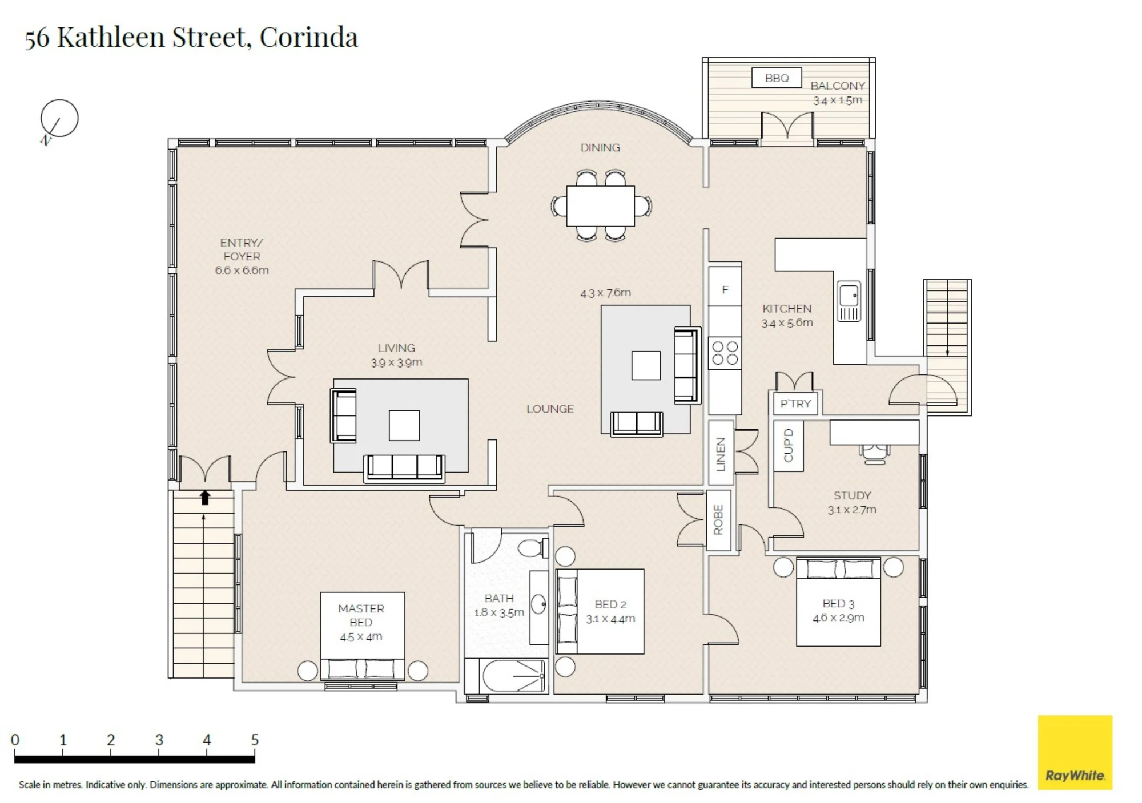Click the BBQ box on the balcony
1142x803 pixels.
click(777, 78)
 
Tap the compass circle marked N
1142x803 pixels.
click(59, 118)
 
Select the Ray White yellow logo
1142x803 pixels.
click(1075, 752)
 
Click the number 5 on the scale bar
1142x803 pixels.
click(255, 740)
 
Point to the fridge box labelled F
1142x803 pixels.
click(725, 290)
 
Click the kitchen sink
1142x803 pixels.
click(849, 300)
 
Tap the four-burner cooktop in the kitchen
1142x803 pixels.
click(725, 353)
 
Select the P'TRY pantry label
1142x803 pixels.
click(795, 403)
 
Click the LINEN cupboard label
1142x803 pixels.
click(721, 454)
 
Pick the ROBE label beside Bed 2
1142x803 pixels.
click(718, 520)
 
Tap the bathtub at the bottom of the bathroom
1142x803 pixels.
click(506, 676)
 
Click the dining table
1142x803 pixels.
click(601, 205)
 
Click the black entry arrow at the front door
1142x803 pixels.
click(205, 498)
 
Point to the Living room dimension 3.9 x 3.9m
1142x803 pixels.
click(396, 362)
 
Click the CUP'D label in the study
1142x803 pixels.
click(789, 445)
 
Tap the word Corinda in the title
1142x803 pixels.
click(308, 37)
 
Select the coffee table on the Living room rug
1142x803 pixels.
click(404, 425)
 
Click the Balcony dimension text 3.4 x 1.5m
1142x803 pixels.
click(838, 100)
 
